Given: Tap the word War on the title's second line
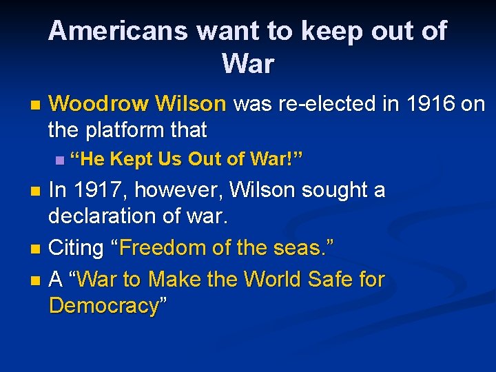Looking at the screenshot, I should click(248, 64).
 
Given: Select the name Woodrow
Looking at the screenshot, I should click(99, 104).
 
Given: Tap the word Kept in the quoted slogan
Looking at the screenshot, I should click(133, 161).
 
